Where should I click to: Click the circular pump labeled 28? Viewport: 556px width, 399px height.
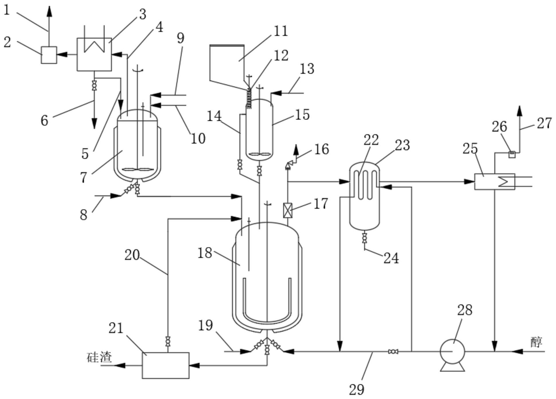452,351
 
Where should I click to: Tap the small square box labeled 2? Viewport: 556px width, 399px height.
49,55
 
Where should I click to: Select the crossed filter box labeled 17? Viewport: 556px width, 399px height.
287,210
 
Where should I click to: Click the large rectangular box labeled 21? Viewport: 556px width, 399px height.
165,365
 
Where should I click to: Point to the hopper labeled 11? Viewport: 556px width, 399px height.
227,63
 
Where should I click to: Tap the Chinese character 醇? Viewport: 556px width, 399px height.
536,342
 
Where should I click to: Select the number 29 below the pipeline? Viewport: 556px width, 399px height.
356,389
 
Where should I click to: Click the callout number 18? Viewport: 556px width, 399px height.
205,253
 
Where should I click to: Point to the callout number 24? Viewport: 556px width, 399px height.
391,258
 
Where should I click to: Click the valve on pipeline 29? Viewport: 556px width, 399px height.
393,351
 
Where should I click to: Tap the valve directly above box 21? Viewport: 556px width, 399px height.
168,341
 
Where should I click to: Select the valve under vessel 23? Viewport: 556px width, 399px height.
364,238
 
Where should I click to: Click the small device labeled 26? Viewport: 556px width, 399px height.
512,154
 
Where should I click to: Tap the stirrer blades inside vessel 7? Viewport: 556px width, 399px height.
137,170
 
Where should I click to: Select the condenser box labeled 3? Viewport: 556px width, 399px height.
94,54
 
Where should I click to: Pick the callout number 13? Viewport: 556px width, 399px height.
307,69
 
